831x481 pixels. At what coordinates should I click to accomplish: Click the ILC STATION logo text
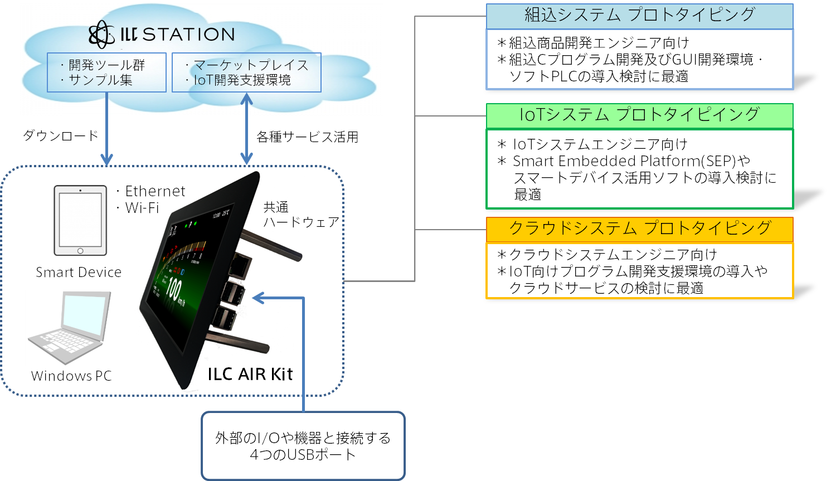click(177, 35)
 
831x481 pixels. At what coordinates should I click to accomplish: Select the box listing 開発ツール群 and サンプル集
click(106, 72)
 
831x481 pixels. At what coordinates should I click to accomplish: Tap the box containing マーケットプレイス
click(246, 72)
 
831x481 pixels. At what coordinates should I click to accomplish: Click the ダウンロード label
click(61, 135)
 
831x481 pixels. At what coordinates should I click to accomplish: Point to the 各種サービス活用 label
click(307, 137)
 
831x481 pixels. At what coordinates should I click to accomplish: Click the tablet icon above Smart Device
click(80, 221)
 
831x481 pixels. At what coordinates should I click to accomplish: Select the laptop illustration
click(70, 327)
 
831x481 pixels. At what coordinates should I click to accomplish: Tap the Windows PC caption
click(71, 376)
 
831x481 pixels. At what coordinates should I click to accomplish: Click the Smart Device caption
click(79, 272)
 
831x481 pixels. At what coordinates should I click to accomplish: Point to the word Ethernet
click(155, 191)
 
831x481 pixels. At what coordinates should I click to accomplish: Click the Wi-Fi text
click(142, 208)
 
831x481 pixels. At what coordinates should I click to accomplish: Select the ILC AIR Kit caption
click(250, 374)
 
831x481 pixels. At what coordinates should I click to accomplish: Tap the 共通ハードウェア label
click(300, 215)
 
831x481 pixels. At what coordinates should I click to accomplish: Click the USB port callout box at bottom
click(303, 446)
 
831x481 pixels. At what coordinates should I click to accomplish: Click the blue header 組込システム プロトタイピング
click(639, 16)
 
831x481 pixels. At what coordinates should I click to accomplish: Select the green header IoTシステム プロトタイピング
click(639, 115)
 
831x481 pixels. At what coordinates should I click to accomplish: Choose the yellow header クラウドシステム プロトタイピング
click(639, 229)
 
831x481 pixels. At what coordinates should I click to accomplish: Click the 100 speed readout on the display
click(174, 289)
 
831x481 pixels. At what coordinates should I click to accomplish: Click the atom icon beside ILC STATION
click(101, 35)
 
